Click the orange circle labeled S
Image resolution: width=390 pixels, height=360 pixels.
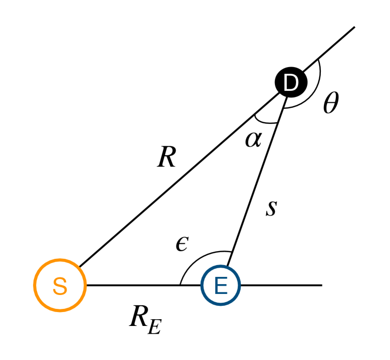tap(60, 285)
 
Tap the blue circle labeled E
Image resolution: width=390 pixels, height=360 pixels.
tap(221, 285)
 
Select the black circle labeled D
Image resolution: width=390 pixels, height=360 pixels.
tap(291, 83)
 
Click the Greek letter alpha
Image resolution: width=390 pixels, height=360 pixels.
tap(253, 139)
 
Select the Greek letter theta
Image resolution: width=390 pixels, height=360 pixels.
tap(330, 105)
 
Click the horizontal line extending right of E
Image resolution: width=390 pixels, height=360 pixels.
tap(281, 285)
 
